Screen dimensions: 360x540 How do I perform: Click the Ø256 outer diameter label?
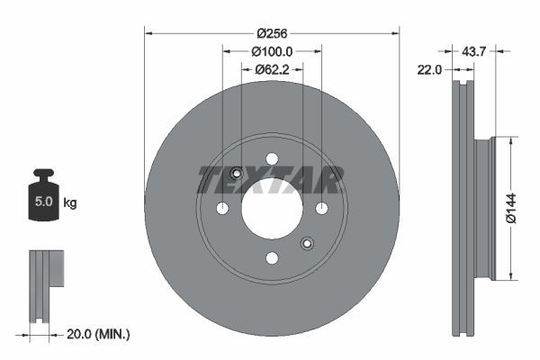[271, 33]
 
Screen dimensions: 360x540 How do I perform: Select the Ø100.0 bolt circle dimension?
[271, 51]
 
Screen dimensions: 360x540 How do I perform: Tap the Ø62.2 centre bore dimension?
[271, 68]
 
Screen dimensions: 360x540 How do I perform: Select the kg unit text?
[70, 203]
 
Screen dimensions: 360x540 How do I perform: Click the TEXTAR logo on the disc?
[271, 180]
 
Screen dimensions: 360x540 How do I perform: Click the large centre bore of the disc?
[271, 209]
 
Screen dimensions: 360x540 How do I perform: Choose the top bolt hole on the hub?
[272, 159]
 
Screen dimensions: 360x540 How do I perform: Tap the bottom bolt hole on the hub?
[272, 258]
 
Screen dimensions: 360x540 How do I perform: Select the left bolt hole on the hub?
[222, 209]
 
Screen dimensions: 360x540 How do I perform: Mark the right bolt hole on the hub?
[321, 209]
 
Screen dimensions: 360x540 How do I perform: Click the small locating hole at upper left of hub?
[237, 174]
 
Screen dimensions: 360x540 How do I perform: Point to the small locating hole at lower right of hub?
[307, 243]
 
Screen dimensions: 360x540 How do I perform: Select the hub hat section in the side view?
[484, 208]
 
